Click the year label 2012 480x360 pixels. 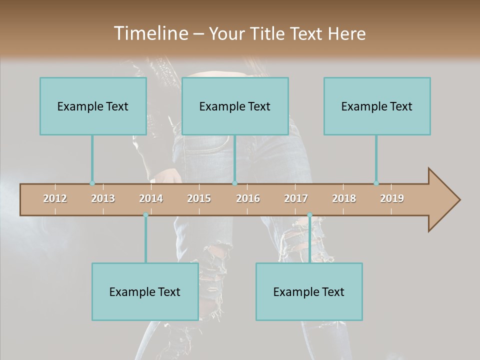point(55,198)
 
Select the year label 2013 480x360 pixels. point(103,198)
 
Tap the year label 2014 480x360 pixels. point(151,198)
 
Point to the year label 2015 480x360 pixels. point(199,198)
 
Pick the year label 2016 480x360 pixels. point(248,198)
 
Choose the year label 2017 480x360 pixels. point(296,198)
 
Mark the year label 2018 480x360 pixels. point(344,198)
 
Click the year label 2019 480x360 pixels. point(392,198)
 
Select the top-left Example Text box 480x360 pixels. point(93,106)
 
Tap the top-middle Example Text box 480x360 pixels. point(235,106)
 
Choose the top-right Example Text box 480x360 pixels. point(377,106)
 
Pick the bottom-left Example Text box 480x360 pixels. point(145,291)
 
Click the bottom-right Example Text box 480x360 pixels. point(309,291)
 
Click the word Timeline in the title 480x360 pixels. point(150,33)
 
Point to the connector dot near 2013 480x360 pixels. point(92,183)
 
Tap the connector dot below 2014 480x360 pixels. point(145,215)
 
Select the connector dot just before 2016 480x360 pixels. point(234,183)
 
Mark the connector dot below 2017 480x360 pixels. point(309,215)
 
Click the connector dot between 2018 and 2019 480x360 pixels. point(376,183)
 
